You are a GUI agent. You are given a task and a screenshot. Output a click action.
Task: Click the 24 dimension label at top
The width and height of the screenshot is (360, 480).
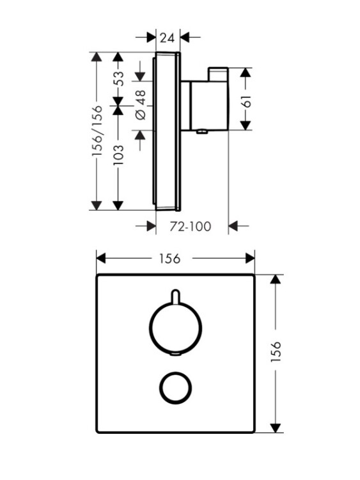point(168,38)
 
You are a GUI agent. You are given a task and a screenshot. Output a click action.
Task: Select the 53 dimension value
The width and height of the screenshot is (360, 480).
point(119,79)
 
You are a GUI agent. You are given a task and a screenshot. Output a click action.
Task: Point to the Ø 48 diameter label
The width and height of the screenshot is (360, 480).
point(141,105)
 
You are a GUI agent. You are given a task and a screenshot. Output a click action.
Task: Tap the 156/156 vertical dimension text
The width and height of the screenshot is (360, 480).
point(97,131)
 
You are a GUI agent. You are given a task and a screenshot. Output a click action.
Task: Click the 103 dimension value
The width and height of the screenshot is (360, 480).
point(119,156)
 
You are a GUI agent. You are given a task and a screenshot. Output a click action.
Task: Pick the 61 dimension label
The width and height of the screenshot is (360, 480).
point(247,101)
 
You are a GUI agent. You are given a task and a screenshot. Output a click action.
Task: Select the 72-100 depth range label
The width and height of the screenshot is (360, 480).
point(191,227)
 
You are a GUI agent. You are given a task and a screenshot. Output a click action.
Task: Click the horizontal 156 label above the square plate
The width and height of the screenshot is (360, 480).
point(169,259)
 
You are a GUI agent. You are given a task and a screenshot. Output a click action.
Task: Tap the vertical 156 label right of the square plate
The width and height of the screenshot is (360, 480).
point(276,352)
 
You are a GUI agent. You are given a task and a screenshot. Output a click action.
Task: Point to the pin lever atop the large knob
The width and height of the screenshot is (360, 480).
point(175,296)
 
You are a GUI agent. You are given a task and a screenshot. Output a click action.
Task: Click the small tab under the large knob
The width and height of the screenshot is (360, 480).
point(176,355)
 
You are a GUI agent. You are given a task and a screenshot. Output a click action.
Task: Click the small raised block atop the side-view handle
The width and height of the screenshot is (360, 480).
point(218,74)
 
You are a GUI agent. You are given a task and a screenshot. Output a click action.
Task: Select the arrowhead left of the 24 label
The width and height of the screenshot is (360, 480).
point(152,37)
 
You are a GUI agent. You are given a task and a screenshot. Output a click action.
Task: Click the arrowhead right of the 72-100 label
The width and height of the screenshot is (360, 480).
point(233,226)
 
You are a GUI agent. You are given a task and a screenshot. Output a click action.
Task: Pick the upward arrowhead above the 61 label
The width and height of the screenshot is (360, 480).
point(246,72)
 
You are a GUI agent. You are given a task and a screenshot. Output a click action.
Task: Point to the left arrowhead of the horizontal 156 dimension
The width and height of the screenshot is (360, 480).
point(101,258)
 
